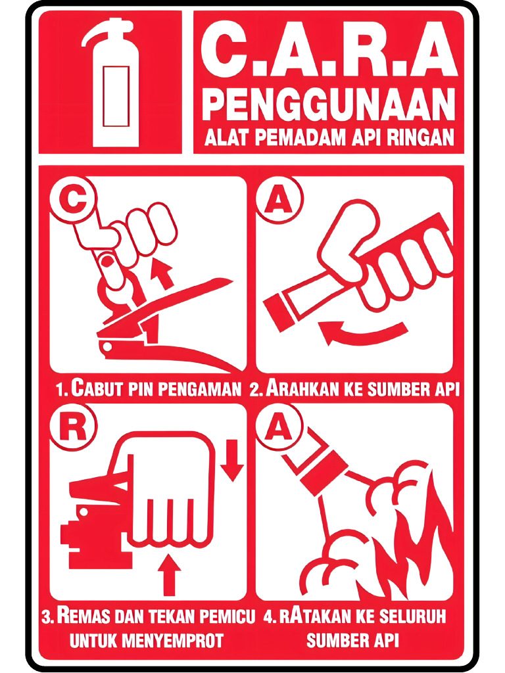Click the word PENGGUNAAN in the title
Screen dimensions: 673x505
pyautogui.click(x=328, y=105)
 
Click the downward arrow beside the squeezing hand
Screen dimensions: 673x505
pyautogui.click(x=231, y=460)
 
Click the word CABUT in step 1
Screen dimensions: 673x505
pyautogui.click(x=96, y=388)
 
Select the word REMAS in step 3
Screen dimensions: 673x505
pyautogui.click(x=83, y=617)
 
